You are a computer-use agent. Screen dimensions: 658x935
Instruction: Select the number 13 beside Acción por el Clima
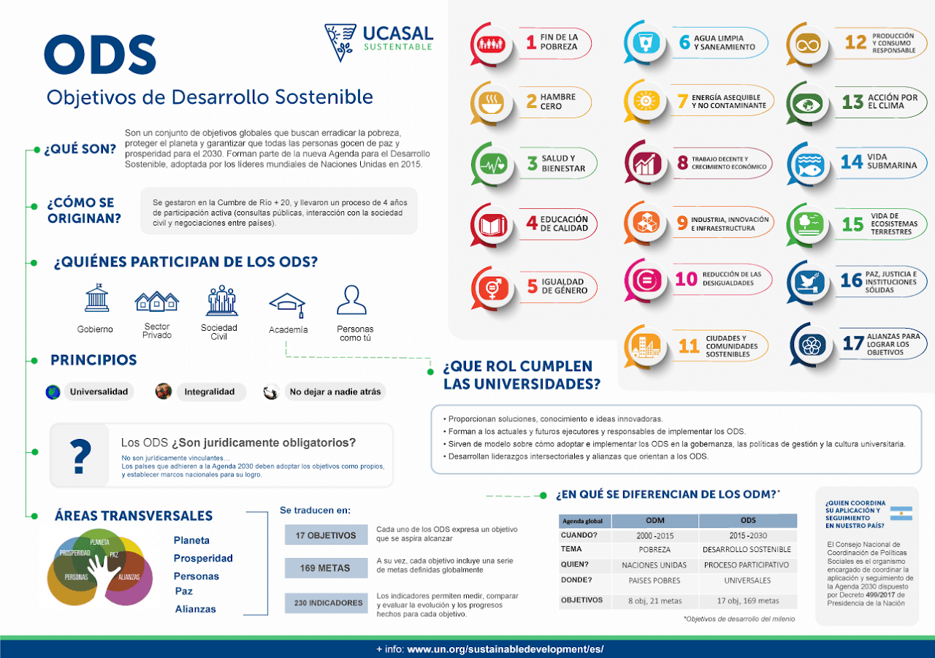click(852, 102)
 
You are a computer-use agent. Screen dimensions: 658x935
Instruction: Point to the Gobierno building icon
click(96, 299)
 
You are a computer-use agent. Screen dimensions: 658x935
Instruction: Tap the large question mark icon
click(83, 456)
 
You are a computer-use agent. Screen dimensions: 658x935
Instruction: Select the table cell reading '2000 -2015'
click(654, 536)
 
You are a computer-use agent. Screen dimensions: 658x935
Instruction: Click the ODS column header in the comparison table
click(747, 521)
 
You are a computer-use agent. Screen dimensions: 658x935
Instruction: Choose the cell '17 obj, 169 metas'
click(747, 601)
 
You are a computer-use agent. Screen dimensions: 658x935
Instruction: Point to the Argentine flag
click(901, 513)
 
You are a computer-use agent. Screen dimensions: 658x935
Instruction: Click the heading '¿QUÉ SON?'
click(80, 150)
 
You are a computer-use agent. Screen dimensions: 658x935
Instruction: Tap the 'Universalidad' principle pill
click(99, 392)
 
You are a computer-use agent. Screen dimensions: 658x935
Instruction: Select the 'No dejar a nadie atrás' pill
click(335, 392)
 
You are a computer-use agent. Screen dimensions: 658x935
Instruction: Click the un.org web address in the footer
click(505, 649)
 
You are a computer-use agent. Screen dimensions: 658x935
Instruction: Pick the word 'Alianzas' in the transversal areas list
click(196, 609)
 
